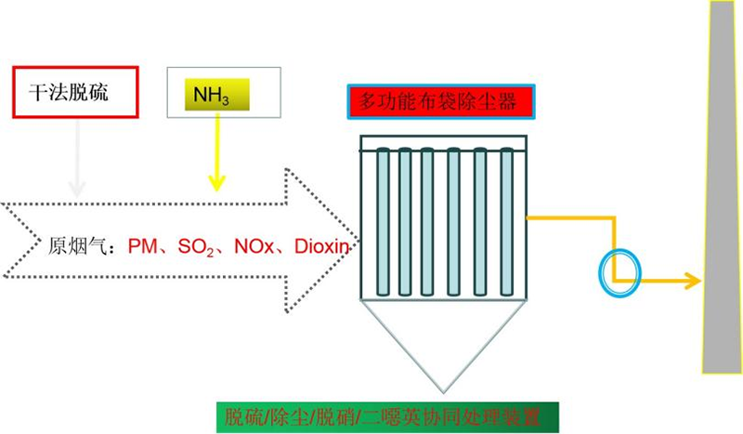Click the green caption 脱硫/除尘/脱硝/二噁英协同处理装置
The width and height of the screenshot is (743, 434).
pyautogui.click(x=389, y=415)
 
